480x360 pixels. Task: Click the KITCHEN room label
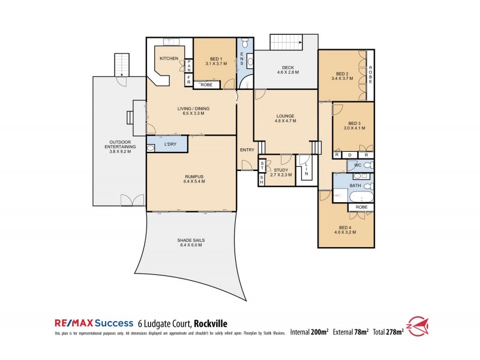[x=169, y=58]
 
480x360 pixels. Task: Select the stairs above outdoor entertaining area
[x=122, y=64]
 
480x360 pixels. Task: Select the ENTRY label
[x=247, y=150]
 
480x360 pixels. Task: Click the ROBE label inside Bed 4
[x=361, y=207]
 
